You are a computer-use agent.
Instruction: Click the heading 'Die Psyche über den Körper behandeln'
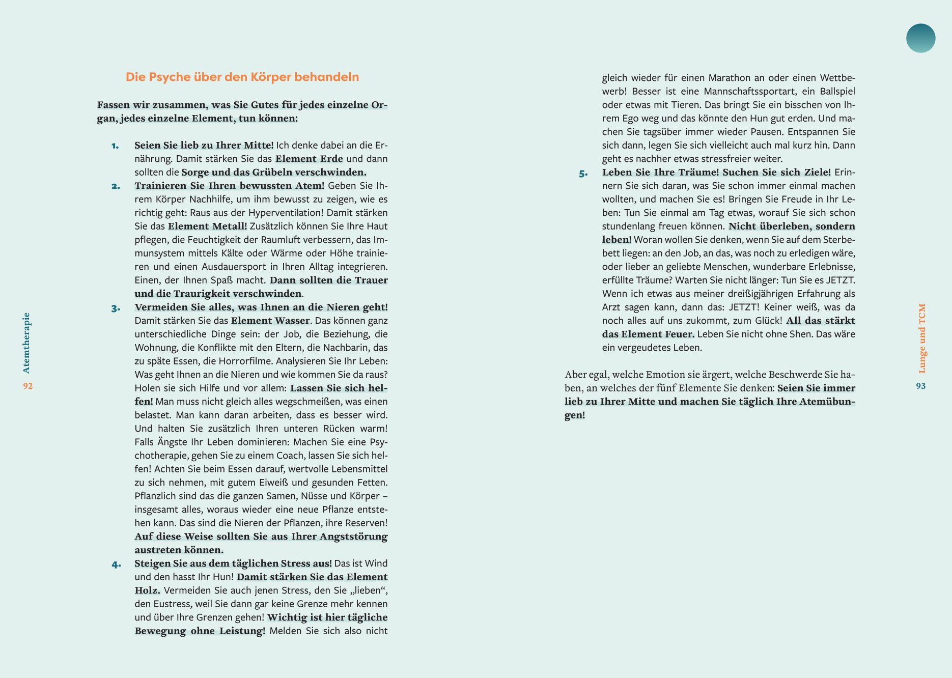[x=242, y=77]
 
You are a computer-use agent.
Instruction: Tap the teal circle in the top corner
[x=920, y=38]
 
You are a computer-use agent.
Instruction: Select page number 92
[x=28, y=386]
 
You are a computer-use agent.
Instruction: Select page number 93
[x=920, y=386]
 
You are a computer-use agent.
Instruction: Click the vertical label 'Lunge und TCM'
[x=921, y=338]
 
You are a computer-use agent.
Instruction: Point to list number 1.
[x=115, y=146]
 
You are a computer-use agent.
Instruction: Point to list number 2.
[x=116, y=186]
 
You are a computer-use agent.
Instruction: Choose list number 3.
[x=116, y=308]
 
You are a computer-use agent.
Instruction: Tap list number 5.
[x=583, y=174]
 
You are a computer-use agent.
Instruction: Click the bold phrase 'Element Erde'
[x=309, y=159]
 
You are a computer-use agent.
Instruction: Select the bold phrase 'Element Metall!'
[x=207, y=226]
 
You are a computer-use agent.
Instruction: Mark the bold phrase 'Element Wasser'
[x=270, y=321]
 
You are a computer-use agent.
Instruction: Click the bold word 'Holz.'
[x=147, y=590]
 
